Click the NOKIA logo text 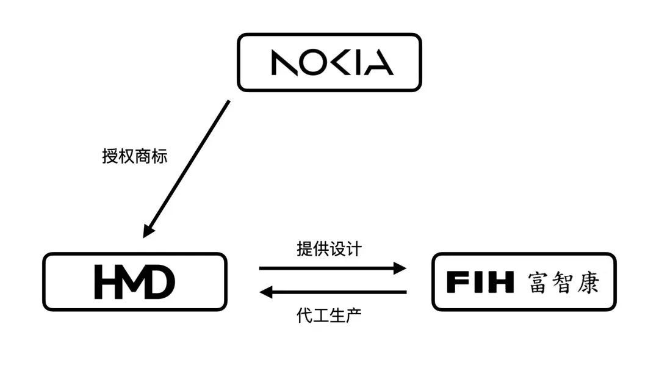click(x=332, y=63)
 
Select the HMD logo click(x=135, y=283)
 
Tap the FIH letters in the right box click(x=480, y=283)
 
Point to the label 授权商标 click(x=134, y=156)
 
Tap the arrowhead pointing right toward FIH click(x=400, y=268)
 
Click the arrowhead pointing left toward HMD click(x=266, y=292)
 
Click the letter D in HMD click(x=160, y=283)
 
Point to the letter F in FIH click(x=457, y=283)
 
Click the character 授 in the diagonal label click(x=110, y=156)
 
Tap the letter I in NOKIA click(x=359, y=63)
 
